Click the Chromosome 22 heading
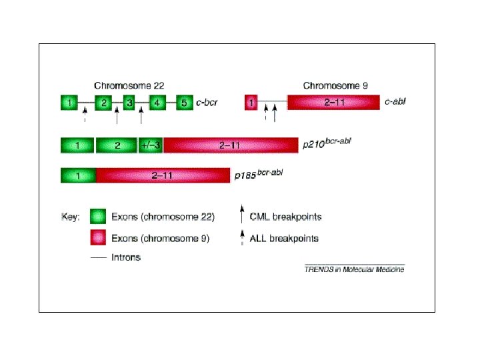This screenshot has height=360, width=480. [129, 85]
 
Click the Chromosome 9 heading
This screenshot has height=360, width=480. [335, 85]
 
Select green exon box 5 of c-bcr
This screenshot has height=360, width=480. [185, 103]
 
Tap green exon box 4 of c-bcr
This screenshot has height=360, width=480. [156, 103]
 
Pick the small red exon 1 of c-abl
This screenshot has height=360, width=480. [251, 103]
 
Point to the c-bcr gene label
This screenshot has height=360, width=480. [207, 103]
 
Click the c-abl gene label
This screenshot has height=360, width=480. [396, 103]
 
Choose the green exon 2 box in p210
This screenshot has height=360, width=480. [116, 145]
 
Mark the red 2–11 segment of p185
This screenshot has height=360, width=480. [163, 175]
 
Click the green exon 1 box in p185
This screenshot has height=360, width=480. [78, 175]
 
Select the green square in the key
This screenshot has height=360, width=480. [99, 217]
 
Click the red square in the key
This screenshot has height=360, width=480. [99, 238]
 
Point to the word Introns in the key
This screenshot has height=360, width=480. [127, 257]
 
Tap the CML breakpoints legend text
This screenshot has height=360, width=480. [285, 217]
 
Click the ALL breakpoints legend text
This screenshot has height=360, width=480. [284, 238]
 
